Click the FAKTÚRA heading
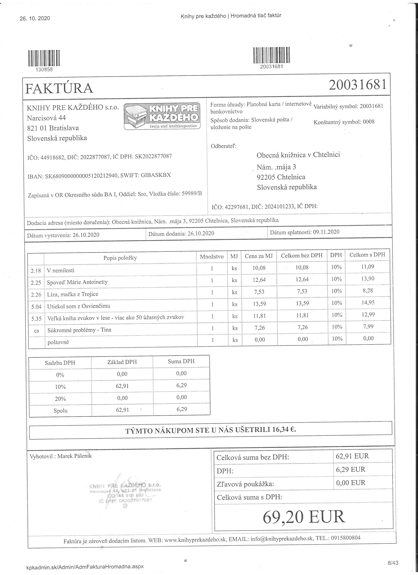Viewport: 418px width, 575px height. [x=59, y=88]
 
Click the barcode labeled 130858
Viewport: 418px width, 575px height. [x=44, y=59]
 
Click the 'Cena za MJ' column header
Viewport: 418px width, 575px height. [x=259, y=256]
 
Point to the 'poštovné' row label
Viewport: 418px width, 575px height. [x=58, y=342]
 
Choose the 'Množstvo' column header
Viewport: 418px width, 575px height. [x=212, y=257]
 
